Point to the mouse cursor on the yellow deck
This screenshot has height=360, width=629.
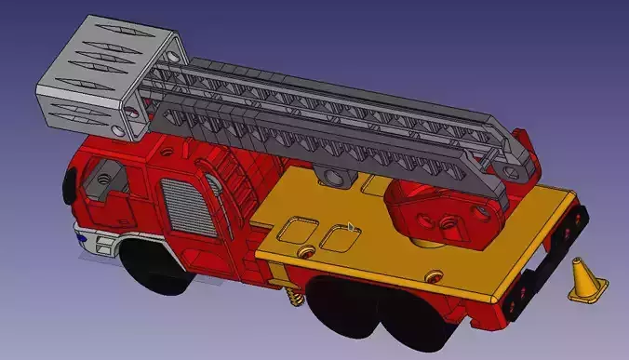(350, 225)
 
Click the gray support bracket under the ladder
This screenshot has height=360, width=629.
(334, 174)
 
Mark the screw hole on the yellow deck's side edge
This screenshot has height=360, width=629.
(432, 274)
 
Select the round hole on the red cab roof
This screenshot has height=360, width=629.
(167, 148)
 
